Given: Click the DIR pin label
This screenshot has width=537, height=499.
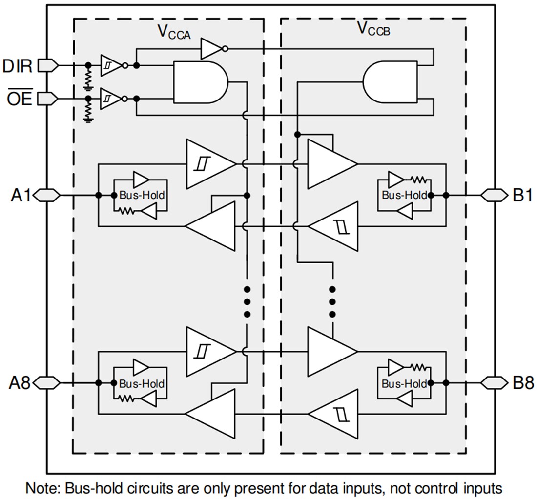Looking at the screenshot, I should click(18, 66).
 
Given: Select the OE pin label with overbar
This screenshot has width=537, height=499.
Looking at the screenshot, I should click(20, 99).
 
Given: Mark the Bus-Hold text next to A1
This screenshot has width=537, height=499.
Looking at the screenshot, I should click(142, 195).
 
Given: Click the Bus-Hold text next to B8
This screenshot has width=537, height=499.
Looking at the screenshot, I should click(404, 384).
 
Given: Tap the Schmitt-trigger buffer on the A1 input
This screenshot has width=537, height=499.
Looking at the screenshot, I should click(207, 164).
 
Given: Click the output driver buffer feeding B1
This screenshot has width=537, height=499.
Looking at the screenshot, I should click(330, 164).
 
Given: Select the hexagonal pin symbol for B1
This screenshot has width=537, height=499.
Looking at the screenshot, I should click(494, 195).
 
